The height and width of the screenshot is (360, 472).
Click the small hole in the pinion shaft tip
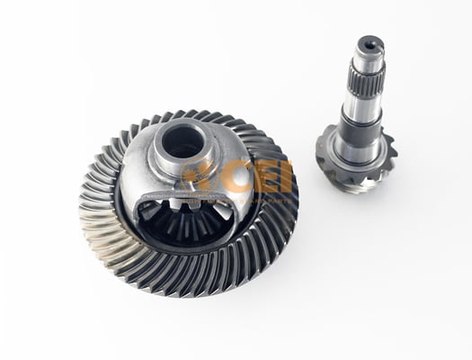369,43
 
